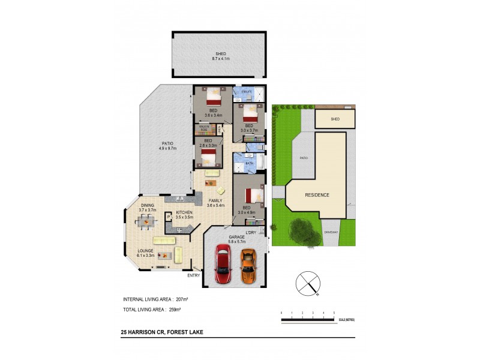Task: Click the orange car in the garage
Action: tap(247, 266)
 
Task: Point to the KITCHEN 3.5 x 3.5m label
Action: tap(184, 215)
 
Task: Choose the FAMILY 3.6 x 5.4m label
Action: tap(216, 203)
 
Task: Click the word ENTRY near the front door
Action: tap(193, 275)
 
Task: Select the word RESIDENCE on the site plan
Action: tap(317, 196)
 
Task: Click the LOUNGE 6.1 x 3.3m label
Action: tap(145, 253)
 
